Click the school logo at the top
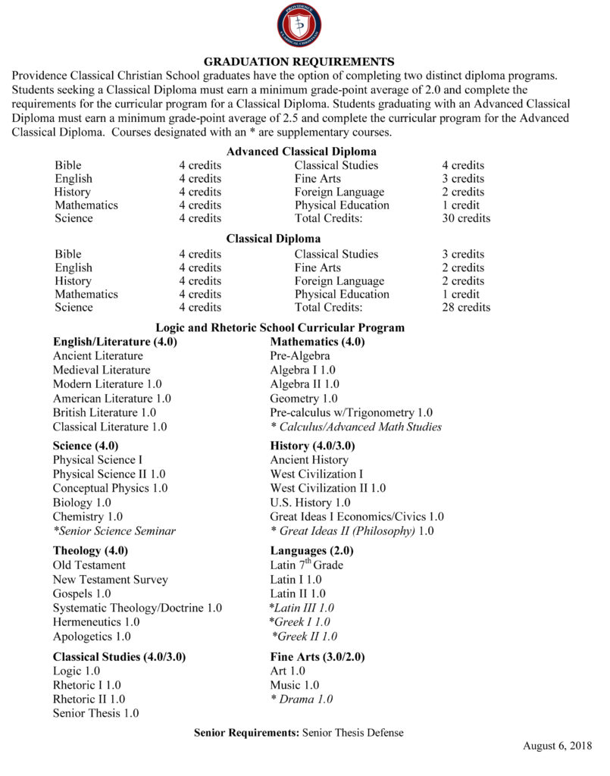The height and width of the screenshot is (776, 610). point(299,25)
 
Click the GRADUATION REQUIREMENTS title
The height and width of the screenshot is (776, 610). point(299,61)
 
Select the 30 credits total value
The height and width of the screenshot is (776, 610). point(465,218)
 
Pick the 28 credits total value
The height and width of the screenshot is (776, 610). point(465,308)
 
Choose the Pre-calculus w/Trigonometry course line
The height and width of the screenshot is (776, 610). point(351,413)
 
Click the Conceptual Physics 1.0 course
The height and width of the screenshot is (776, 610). point(110,488)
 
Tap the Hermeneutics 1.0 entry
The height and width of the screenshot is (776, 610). point(96,622)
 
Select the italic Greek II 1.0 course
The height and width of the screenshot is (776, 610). point(305,637)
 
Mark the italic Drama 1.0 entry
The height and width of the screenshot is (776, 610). point(302,699)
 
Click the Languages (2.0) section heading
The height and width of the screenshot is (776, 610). point(311,551)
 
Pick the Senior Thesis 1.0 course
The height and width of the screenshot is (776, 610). point(95,713)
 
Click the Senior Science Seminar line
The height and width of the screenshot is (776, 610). point(114,531)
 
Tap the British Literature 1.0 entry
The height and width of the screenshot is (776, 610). point(105,413)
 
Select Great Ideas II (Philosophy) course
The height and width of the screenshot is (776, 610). point(352,531)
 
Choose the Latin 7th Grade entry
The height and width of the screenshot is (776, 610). point(306,565)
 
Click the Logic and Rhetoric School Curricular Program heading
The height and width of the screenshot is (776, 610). point(280,328)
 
